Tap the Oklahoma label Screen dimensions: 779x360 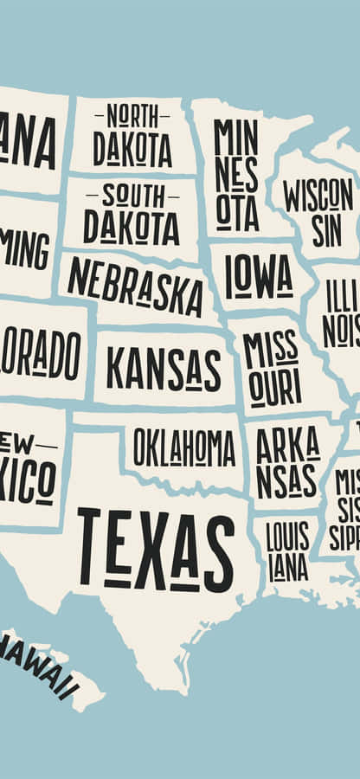click(x=183, y=448)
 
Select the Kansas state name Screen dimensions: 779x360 click(x=164, y=369)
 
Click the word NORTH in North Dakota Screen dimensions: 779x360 click(x=132, y=114)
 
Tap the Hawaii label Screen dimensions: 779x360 click(x=40, y=666)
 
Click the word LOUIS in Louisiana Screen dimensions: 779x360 click(x=287, y=538)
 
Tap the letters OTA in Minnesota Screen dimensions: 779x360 click(x=236, y=212)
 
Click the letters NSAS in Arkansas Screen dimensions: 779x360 click(x=286, y=480)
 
